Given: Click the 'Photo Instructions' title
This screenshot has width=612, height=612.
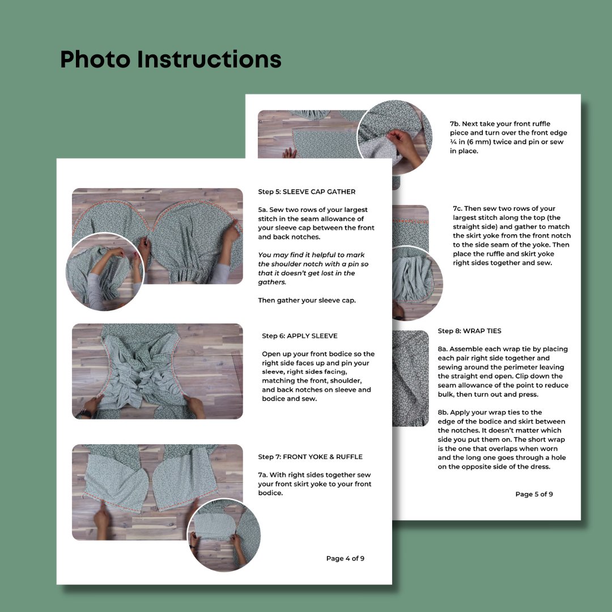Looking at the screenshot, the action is (171, 59).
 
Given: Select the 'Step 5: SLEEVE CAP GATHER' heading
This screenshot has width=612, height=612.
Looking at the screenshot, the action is (307, 192).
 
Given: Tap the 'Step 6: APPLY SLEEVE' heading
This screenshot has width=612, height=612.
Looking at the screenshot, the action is (300, 335).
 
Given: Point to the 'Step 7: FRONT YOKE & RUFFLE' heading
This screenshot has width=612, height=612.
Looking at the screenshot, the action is (311, 457).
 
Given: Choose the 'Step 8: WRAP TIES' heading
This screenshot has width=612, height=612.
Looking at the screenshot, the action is (470, 331).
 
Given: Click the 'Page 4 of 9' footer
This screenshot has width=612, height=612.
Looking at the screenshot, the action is (346, 559).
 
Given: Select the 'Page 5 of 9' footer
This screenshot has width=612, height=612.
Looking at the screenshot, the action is (534, 494).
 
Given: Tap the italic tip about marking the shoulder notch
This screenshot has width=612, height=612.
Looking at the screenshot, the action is (313, 269).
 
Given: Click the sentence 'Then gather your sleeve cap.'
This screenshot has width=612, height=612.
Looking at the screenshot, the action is (307, 300).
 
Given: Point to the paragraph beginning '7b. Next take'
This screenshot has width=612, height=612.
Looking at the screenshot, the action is (508, 137).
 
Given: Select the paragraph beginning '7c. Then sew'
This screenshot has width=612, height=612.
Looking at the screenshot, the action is (512, 236).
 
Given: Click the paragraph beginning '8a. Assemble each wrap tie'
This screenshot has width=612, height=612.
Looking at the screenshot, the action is (503, 372).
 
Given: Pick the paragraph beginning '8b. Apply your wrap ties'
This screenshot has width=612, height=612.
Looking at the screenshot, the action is (501, 440).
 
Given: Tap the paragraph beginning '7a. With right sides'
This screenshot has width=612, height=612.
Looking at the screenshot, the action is (314, 484).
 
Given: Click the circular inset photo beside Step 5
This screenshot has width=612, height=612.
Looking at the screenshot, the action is (105, 272).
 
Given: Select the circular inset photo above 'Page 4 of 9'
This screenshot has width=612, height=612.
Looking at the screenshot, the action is (224, 535).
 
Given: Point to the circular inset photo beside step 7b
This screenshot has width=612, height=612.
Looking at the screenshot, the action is (394, 137).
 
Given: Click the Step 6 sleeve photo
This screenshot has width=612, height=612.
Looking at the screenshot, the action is (158, 371).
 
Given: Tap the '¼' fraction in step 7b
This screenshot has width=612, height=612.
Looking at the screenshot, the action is (453, 142).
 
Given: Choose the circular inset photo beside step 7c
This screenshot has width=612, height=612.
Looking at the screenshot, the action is (417, 284).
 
